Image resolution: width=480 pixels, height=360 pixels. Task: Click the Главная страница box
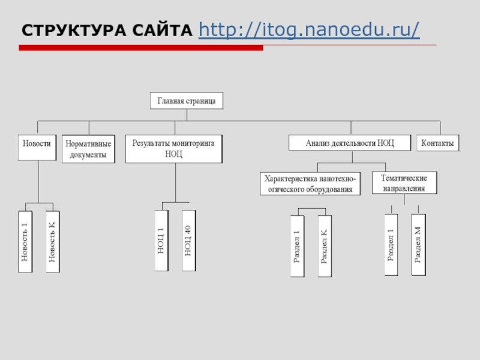click(x=187, y=101)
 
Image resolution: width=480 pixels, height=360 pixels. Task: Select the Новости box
click(x=37, y=148)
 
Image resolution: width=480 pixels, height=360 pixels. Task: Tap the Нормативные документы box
click(x=88, y=149)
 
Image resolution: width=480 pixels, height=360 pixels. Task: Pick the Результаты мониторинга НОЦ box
click(x=174, y=149)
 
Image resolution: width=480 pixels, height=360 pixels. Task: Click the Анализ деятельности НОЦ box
click(x=350, y=143)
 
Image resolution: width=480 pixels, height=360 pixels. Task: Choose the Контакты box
click(x=438, y=143)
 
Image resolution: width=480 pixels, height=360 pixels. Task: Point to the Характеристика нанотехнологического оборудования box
click(x=310, y=184)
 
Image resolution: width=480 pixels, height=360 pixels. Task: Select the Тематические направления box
click(x=404, y=183)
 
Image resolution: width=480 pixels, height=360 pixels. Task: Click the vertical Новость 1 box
click(x=25, y=242)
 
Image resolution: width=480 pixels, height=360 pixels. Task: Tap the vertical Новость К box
click(x=53, y=242)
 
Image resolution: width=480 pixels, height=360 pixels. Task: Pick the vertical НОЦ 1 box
click(x=161, y=241)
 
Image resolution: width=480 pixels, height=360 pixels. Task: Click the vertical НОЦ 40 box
click(x=188, y=241)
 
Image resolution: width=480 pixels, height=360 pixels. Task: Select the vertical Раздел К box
click(x=325, y=247)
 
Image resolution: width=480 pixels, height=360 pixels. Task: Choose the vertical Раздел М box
click(x=418, y=245)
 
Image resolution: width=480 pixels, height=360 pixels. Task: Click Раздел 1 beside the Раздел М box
click(x=391, y=245)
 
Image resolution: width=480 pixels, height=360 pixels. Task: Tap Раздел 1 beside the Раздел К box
click(x=297, y=247)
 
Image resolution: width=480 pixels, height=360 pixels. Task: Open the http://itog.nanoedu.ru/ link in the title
click(x=309, y=31)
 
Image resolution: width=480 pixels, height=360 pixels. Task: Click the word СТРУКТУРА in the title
click(x=74, y=31)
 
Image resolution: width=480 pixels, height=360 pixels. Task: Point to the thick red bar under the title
click(x=141, y=48)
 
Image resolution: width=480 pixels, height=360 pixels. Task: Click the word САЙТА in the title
click(x=162, y=31)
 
